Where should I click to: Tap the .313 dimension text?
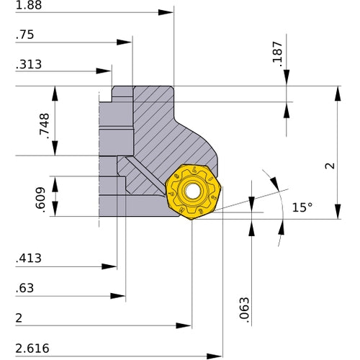[28, 64]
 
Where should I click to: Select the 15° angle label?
[302, 207]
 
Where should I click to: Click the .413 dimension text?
[28, 257]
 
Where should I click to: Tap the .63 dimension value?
[25, 288]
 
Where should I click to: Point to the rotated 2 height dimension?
[328, 166]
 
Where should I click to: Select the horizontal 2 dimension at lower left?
[19, 318]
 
